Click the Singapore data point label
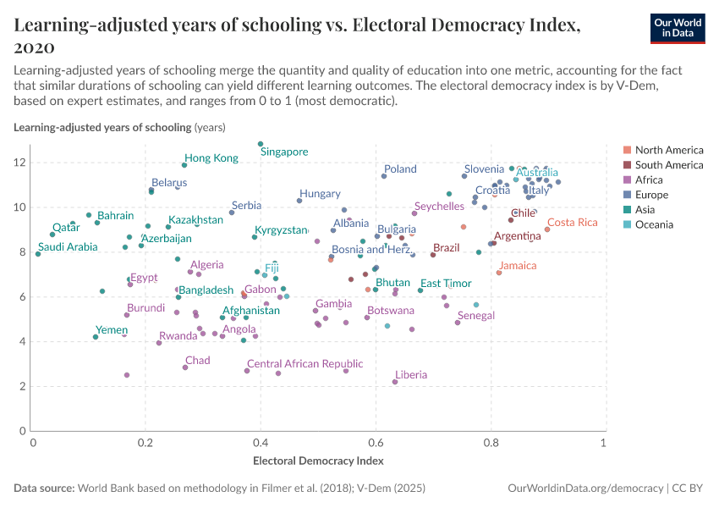284,152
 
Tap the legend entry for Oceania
654,224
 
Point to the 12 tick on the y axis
22,163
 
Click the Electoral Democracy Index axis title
318,461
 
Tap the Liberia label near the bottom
411,375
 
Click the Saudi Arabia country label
68,247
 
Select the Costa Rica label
573,223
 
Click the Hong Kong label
211,158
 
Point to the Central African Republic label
305,364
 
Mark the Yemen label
112,330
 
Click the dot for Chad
185,367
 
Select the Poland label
400,169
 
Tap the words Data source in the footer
44,489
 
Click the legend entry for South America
668,165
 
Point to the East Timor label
446,284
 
